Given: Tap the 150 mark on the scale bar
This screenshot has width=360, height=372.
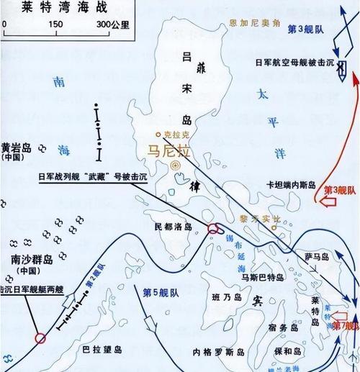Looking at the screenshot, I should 55,24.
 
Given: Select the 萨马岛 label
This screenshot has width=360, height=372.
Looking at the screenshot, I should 315,255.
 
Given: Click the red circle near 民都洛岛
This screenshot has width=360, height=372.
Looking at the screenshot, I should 214,230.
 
